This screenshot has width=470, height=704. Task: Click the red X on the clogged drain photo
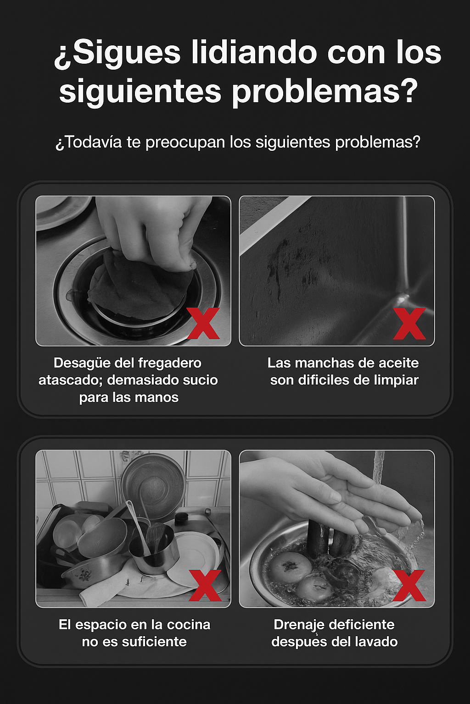(x=203, y=323)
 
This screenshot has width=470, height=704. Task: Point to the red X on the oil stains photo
(x=409, y=323)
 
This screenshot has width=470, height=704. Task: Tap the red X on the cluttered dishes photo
(x=205, y=585)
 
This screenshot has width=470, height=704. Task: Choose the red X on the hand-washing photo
(x=409, y=585)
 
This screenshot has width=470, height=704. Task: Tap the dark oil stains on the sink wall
(x=285, y=261)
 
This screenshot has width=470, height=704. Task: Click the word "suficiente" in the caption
(x=154, y=642)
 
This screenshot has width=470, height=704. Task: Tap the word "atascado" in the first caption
(x=70, y=380)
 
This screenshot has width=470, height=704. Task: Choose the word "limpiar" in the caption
(x=395, y=380)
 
